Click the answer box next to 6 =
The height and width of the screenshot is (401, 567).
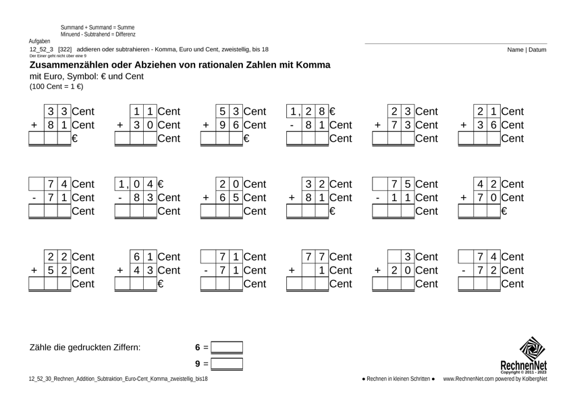click(227, 348)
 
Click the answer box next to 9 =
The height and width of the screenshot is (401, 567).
click(227, 364)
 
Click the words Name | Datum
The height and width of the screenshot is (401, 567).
click(527, 49)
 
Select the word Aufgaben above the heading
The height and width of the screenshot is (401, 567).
click(40, 42)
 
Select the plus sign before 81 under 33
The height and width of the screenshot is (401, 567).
click(34, 125)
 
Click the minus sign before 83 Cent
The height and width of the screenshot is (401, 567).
click(119, 198)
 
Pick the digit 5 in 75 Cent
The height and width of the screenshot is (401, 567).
click(408, 184)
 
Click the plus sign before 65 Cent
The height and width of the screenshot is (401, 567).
click(205, 198)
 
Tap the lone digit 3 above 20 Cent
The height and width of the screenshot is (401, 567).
click(408, 257)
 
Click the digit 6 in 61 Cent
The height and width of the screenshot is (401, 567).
click(136, 257)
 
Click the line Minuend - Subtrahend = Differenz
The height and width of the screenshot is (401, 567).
click(99, 34)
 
